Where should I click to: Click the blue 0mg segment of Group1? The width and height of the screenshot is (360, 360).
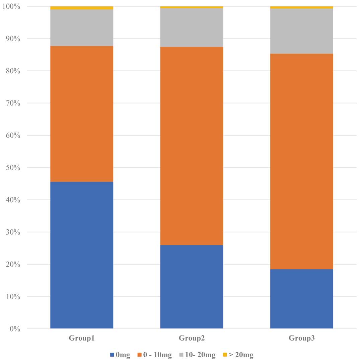82,255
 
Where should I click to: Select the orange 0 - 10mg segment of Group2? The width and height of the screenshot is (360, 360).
192,146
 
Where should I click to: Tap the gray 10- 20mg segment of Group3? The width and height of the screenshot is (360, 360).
302,31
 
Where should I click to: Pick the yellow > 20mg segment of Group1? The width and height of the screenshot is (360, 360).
82,8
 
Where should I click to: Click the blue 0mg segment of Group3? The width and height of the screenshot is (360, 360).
302,299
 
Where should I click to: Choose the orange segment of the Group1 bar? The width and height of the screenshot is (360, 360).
82,114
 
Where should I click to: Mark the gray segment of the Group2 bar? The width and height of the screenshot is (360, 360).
192,27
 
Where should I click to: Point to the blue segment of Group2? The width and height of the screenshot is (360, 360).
192,287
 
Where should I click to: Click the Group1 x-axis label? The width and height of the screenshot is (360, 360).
82,338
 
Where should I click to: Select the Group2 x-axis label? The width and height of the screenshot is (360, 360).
192,338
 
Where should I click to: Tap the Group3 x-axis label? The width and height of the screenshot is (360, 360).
302,338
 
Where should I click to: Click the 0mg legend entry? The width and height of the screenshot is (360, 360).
120,355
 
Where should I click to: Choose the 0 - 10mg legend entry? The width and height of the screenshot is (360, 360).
154,355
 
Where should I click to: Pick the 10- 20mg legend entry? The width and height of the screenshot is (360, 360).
198,355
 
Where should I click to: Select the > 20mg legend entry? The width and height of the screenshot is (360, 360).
238,355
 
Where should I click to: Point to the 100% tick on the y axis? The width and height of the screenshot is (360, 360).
11,6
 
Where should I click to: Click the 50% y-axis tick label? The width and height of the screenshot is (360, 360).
13,167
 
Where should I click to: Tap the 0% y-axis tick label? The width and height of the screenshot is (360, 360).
15,329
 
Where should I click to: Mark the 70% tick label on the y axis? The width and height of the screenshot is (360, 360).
13,103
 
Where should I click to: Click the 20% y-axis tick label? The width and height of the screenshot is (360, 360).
13,264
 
